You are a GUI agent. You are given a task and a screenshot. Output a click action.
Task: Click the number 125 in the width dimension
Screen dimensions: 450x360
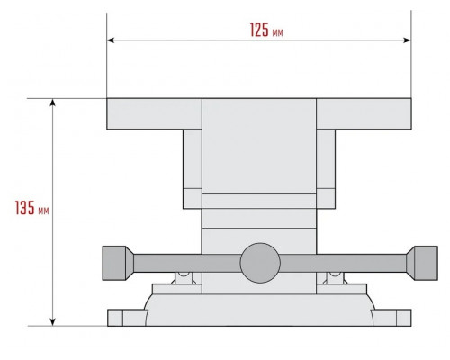[x=259, y=30]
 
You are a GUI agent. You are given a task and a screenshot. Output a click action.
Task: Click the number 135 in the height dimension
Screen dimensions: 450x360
[x=25, y=208]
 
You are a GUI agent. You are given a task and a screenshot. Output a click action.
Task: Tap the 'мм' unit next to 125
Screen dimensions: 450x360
[x=277, y=32]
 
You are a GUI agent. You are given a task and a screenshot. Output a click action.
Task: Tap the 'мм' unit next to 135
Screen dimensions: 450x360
[x=43, y=211]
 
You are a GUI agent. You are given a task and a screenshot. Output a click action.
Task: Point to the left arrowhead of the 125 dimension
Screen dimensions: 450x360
[x=111, y=40]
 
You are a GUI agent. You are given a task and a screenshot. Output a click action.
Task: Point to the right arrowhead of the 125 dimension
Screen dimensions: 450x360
[x=407, y=40]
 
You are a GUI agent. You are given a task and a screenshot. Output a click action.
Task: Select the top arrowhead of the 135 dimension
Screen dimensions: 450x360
[x=53, y=103]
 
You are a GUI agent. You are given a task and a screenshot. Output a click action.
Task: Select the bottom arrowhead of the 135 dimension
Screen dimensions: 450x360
[x=53, y=321]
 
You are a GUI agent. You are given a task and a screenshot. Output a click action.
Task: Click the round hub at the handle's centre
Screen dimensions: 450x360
[x=260, y=263]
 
